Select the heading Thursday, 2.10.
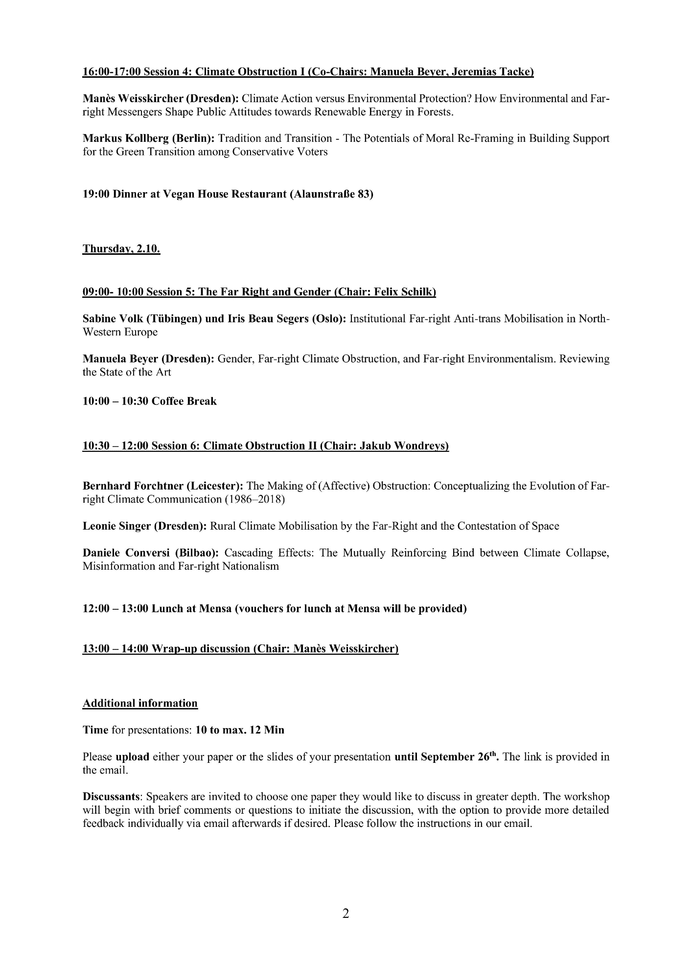tap(121, 248)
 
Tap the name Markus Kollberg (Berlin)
tap(148, 138)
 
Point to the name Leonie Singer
tap(116, 526)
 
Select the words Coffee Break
tap(184, 401)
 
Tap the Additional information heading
tap(140, 703)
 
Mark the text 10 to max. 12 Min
tap(240, 730)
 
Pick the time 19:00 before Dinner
tap(96, 194)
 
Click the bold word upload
tap(132, 757)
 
